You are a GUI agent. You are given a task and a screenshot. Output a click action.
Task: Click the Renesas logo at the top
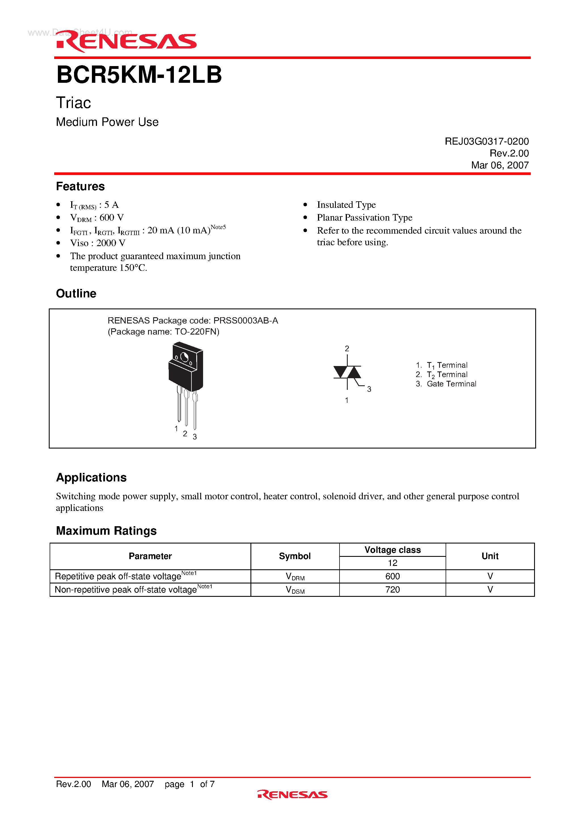point(127,41)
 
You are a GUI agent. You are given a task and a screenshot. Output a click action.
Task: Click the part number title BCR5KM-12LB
point(139,75)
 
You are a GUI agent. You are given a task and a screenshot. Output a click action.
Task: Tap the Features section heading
point(80,186)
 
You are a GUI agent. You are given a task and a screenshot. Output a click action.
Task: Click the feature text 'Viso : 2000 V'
point(98,243)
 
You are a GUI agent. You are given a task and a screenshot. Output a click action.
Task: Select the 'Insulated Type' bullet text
point(346,205)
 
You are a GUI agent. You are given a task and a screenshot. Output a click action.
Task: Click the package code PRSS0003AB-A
point(246,321)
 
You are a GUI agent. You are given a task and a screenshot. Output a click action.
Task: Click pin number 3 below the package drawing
point(195,437)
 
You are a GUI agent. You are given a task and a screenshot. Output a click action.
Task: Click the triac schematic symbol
point(347,372)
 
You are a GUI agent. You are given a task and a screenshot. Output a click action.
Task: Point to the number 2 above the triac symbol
point(347,348)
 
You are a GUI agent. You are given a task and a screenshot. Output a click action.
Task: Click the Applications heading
point(91,477)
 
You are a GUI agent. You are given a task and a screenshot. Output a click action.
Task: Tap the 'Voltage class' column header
point(392,550)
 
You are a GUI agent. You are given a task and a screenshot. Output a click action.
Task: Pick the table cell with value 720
point(392,590)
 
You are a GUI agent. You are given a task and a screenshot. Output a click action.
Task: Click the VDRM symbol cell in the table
point(295,577)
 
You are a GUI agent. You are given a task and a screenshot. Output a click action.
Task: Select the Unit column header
point(490,556)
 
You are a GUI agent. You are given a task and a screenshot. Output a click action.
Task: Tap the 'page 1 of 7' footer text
point(190,784)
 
